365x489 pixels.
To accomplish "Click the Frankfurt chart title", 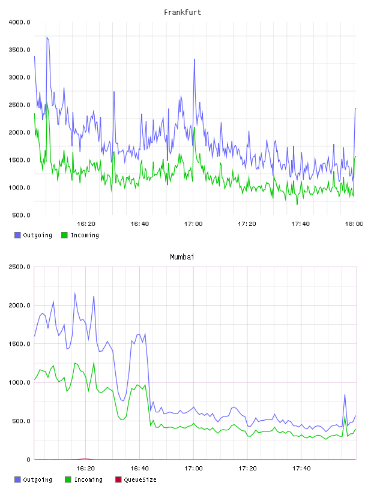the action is [x=182, y=13].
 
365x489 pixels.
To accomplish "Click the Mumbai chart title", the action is [x=182, y=257].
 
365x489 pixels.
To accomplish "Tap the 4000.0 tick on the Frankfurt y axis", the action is [x=19, y=22].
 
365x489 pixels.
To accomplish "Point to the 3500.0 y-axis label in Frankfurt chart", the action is [x=19, y=50].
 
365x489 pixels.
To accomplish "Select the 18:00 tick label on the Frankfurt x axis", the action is [x=354, y=224].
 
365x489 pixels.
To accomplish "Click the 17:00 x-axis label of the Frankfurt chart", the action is [x=193, y=224].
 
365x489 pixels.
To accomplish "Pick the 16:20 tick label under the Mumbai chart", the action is [x=86, y=469].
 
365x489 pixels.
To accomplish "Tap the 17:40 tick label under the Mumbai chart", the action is [x=301, y=469].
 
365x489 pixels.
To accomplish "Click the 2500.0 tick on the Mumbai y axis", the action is [x=19, y=267].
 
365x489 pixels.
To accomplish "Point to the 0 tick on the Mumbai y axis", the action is [x=28, y=460].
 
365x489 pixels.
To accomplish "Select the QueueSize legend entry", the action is [x=136, y=479].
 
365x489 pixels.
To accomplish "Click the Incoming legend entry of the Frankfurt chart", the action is [x=80, y=235].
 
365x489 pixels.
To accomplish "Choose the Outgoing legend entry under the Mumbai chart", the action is [x=34, y=479].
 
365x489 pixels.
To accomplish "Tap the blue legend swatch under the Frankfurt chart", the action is [x=17, y=235].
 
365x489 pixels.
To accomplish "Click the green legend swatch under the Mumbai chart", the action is [x=68, y=479].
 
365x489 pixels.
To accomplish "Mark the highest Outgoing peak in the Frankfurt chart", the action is [x=47, y=37].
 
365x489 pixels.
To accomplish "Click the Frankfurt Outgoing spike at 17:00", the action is [x=194, y=59].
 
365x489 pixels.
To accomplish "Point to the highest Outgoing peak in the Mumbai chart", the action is [x=74, y=293].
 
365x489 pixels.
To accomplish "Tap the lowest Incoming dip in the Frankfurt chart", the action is [x=297, y=204].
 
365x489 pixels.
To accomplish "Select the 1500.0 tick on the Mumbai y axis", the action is [x=19, y=344].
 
